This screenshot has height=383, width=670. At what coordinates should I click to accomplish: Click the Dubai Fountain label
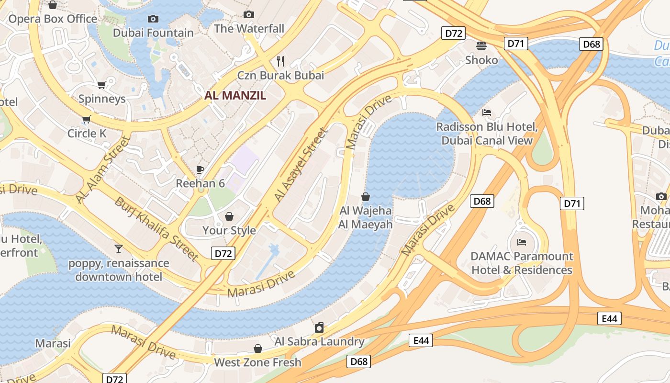click(153, 33)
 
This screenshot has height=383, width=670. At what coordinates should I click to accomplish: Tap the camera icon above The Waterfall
click(248, 15)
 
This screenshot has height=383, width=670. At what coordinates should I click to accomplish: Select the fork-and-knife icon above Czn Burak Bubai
click(281, 61)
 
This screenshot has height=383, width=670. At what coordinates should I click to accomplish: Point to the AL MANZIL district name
click(235, 95)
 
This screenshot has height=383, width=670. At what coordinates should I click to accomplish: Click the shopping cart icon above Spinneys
click(101, 85)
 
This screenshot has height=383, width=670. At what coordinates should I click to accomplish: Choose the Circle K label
click(87, 133)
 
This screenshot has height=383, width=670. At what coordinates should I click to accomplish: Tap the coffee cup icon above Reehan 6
click(200, 169)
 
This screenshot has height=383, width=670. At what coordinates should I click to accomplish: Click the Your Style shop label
click(229, 230)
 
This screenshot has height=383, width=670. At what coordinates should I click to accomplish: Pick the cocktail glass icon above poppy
click(119, 248)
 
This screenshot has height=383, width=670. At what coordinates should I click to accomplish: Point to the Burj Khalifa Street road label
click(156, 228)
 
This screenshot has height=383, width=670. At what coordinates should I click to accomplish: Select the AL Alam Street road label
click(103, 170)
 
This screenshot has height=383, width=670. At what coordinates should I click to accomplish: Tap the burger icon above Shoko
click(481, 45)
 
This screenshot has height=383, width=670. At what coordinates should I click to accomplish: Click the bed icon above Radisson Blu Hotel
click(487, 113)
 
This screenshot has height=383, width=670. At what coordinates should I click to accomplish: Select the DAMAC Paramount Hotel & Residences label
click(522, 263)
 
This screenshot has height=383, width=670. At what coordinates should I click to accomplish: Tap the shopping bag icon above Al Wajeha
click(366, 197)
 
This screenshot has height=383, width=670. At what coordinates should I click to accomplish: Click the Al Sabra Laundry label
click(319, 341)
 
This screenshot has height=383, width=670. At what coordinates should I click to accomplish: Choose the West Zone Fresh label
click(257, 362)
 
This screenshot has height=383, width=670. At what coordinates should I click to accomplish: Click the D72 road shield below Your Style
click(223, 253)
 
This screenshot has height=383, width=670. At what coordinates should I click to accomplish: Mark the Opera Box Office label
click(53, 19)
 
